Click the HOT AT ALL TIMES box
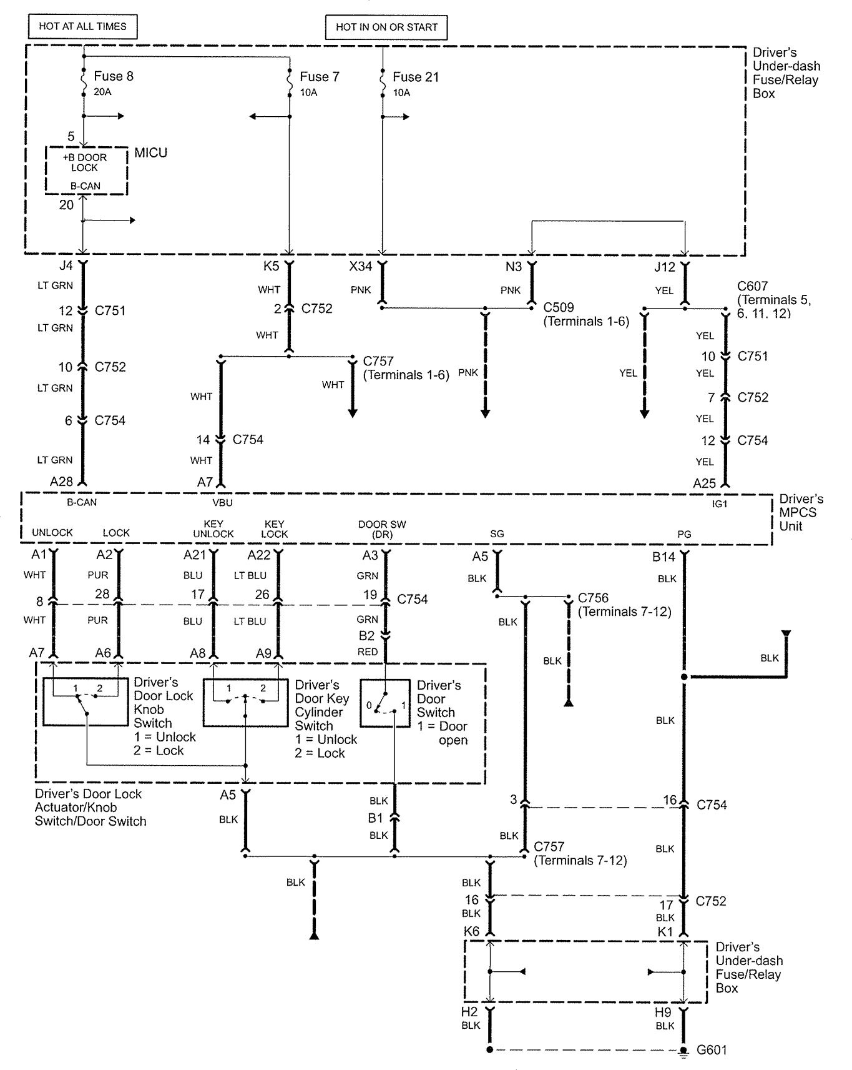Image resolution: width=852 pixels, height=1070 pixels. coord(82,26)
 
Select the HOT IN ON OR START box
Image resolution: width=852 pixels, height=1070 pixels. coord(386,27)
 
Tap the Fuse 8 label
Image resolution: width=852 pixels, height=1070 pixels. coord(113,76)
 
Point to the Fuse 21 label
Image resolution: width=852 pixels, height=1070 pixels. coord(415,77)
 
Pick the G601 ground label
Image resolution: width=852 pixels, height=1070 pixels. coord(712,1050)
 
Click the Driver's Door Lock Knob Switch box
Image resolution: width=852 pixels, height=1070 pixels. coord(86,701)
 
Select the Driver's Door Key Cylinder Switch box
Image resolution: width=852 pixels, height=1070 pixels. coord(245,703)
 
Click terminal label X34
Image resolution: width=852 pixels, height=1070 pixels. coord(361,267)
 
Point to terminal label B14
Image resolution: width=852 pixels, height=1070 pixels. coord(663,557)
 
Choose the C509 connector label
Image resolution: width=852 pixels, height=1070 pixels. coord(559,307)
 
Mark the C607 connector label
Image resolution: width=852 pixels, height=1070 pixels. coord(752,286)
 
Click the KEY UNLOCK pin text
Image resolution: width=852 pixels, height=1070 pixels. coord(213,529)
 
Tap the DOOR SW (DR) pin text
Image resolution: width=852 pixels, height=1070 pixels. coord(382,529)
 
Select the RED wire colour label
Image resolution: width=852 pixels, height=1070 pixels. coord(368,651)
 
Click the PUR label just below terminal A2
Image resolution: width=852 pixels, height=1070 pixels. coord(98,575)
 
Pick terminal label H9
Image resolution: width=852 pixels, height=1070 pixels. coord(663,1012)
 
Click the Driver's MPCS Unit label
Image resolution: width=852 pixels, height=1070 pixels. coord(801,512)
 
